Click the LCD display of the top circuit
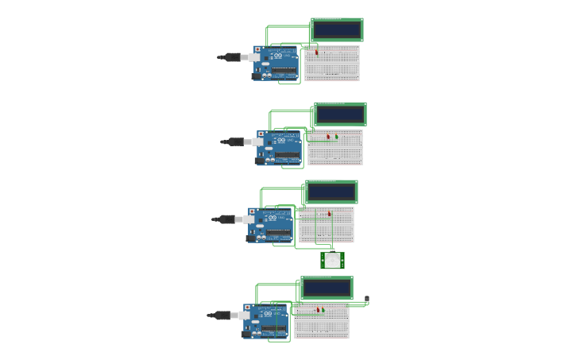(x=337, y=30)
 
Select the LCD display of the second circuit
(x=340, y=114)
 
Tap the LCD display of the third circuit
(x=331, y=192)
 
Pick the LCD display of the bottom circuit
(x=327, y=288)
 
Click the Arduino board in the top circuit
(x=276, y=63)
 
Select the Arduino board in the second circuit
(x=279, y=148)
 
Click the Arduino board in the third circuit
(x=270, y=225)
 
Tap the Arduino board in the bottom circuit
(x=265, y=321)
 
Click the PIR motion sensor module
(x=332, y=260)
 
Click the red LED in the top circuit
(x=317, y=52)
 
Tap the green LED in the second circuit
(x=336, y=137)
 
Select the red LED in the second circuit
(x=327, y=137)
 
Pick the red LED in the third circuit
(x=329, y=214)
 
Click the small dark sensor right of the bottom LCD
(x=366, y=300)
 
